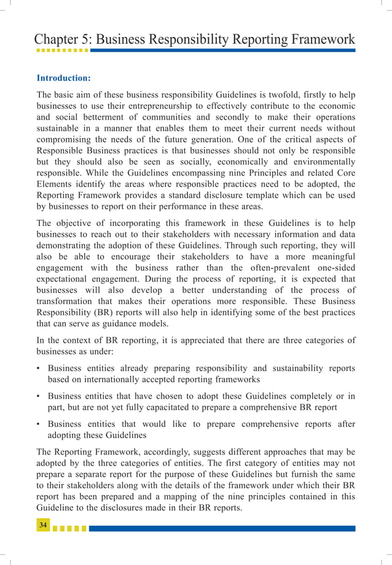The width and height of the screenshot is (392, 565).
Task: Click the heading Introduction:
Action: [64, 79]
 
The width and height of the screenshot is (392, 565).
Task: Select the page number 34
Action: [43, 525]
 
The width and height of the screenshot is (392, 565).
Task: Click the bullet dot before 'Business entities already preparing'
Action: [39, 368]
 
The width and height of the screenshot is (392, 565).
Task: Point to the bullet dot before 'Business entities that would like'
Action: [39, 424]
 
